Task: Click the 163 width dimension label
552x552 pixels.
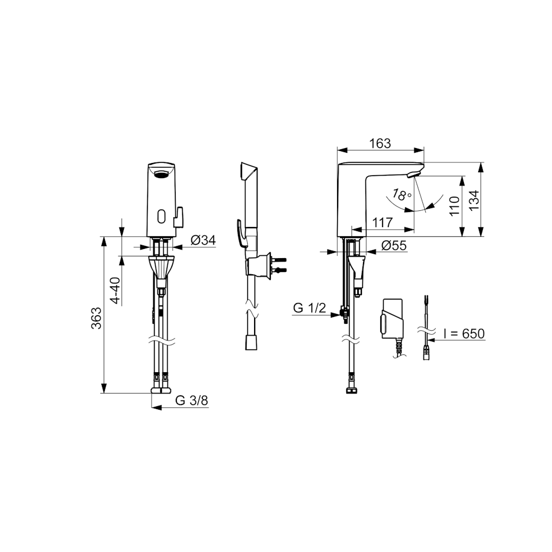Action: pos(380,143)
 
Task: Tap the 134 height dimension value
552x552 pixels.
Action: pos(475,201)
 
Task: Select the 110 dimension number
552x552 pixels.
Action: pos(455,206)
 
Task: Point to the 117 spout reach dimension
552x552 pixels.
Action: pos(383,222)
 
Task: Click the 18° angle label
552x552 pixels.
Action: pos(402,194)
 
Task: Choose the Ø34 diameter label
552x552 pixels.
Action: pos(203,240)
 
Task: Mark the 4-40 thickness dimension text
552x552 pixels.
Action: pos(115,290)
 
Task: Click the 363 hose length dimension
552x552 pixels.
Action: pos(96,318)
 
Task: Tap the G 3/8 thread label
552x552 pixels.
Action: pos(191,400)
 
